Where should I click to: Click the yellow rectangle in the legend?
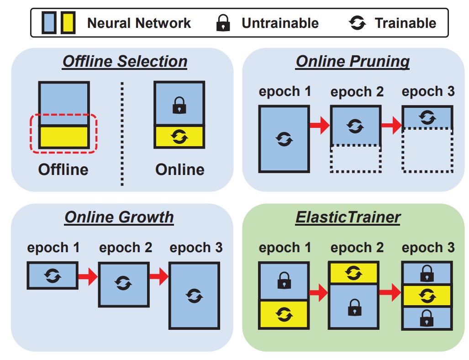pos(69,23)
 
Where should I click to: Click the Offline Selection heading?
pos(125,62)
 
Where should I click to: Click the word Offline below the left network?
pos(63,169)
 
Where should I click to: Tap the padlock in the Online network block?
pos(179,107)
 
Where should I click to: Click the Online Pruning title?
pos(353,62)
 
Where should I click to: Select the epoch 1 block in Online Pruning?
pos(284,138)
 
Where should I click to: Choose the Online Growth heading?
pos(119,217)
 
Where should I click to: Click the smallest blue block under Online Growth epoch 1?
pos(53,275)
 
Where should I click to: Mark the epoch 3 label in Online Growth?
pos(196,248)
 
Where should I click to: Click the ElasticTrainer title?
pos(348,217)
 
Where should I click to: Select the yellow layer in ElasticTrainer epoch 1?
pos(284,314)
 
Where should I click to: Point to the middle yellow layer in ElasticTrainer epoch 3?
pos(427,296)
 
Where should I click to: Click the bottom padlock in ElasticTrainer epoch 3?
pos(427,318)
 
